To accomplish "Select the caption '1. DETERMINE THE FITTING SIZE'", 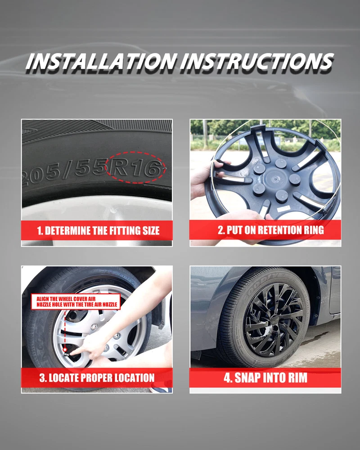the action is click(98, 231).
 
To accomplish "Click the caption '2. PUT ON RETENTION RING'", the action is click(271, 230).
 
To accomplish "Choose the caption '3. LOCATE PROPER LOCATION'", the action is click(97, 378).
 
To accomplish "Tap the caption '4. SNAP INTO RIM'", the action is click(265, 378).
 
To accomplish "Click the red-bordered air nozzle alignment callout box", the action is click(76, 301).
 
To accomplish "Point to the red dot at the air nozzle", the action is click(65, 350).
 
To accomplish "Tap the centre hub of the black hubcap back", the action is click(274, 180).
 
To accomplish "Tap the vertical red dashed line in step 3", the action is click(65, 328).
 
